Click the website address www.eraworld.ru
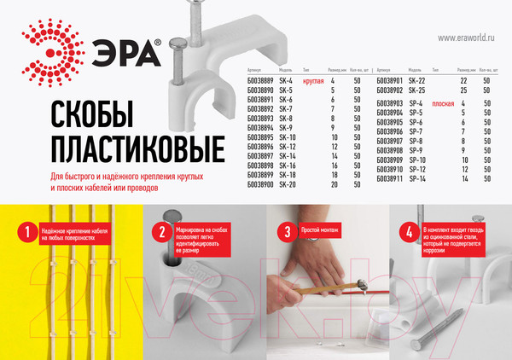click(468, 38)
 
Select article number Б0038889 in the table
click(260, 78)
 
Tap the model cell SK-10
click(288, 136)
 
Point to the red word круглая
click(315, 78)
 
